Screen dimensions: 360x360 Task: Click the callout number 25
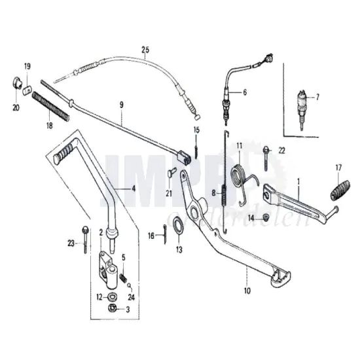[145, 50]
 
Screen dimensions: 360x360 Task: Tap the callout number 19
[27, 67]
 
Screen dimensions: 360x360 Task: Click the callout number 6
[244, 93]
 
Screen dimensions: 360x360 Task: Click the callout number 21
[168, 192]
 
